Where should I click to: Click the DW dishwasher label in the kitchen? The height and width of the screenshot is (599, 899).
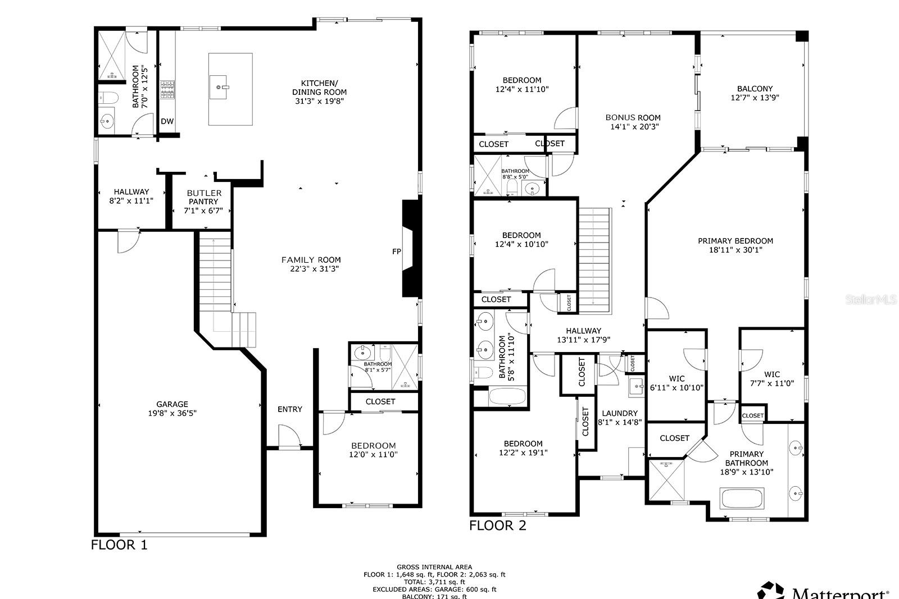point(167,121)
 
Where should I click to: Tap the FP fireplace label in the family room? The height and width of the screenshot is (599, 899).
point(396,252)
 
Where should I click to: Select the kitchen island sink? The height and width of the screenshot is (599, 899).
point(223,87)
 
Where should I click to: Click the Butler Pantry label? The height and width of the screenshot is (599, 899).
point(204,197)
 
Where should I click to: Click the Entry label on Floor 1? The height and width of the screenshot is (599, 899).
point(289,409)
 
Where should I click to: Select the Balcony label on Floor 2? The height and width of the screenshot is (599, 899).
point(755,89)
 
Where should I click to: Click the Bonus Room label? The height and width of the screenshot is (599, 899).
point(633,118)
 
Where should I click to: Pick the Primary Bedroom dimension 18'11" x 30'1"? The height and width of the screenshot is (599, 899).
point(735,250)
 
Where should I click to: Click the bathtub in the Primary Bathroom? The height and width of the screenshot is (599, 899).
point(742,498)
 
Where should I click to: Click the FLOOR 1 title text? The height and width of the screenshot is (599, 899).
point(119,545)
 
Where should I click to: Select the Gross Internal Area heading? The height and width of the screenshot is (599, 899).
point(434,567)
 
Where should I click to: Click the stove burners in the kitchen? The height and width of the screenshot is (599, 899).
point(167,90)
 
